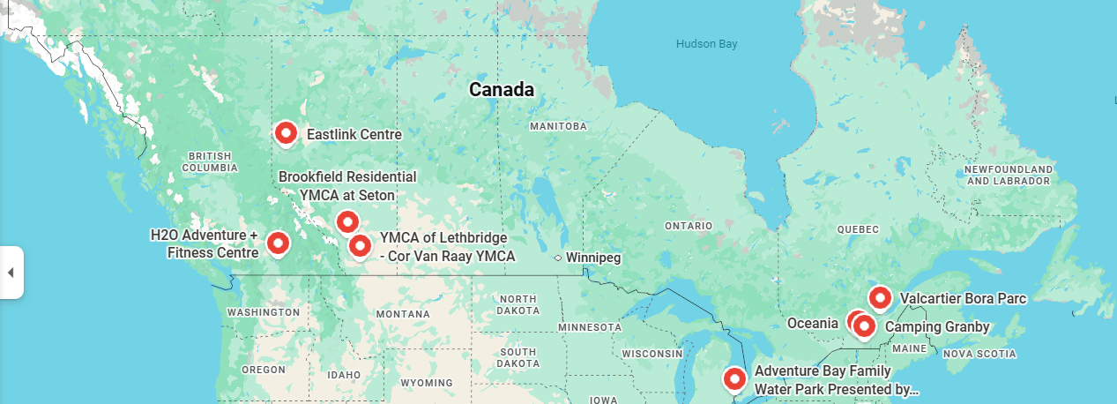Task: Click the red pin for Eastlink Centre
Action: coord(286,133)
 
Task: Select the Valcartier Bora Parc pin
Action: coord(880,297)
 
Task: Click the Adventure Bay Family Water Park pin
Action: coord(734,378)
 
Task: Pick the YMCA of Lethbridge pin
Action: coord(359,245)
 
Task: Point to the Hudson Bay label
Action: coord(706,44)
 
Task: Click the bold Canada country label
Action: coord(501,89)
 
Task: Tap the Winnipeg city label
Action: coord(593,258)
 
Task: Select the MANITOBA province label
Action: coord(558,126)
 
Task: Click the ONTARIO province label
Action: coord(689,226)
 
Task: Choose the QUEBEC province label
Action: coord(858,229)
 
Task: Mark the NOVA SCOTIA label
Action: coord(980,354)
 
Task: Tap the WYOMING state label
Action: coord(426,383)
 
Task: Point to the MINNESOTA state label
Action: coord(590,327)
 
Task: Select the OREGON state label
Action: coord(263,370)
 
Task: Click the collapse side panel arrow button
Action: coord(11,273)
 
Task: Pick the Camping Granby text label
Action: coord(936,327)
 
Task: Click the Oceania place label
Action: coord(812,323)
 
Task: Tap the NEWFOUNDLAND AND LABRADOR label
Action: coord(1009,175)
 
